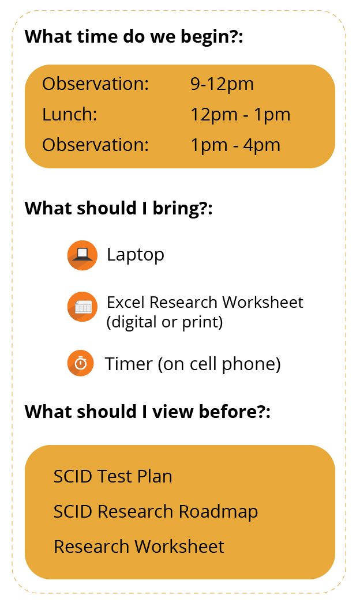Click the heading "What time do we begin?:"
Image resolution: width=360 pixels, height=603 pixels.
(134, 36)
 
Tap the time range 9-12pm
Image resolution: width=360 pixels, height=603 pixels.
(222, 84)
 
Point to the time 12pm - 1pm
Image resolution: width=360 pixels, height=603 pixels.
(240, 115)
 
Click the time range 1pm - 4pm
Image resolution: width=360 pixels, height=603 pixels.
(235, 145)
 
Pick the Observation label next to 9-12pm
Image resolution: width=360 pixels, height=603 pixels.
(96, 84)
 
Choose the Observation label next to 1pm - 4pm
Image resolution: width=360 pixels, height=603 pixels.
(96, 145)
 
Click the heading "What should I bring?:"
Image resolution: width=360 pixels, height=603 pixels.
(119, 209)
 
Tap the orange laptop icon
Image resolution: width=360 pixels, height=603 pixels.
(82, 255)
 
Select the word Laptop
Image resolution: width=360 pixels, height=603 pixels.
(136, 255)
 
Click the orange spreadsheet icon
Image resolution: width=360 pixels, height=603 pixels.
(82, 307)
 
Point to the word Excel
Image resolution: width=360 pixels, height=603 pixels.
(126, 302)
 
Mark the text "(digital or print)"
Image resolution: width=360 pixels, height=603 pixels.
(165, 322)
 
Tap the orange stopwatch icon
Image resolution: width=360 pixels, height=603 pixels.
(80, 363)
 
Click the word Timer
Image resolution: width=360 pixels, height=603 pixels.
(129, 364)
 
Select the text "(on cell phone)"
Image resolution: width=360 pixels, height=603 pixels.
(219, 364)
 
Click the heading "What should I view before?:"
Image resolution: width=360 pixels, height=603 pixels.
(148, 412)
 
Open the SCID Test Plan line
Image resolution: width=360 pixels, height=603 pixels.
(113, 477)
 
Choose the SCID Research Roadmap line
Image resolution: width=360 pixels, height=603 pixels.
(156, 512)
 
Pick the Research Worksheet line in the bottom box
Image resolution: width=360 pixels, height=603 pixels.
(139, 547)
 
